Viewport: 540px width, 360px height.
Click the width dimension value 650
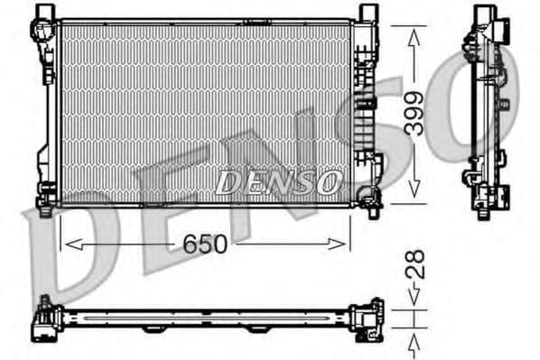coord(204,244)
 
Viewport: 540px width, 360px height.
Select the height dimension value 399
coord(414,113)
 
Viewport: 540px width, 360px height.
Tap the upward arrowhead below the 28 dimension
coord(414,337)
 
